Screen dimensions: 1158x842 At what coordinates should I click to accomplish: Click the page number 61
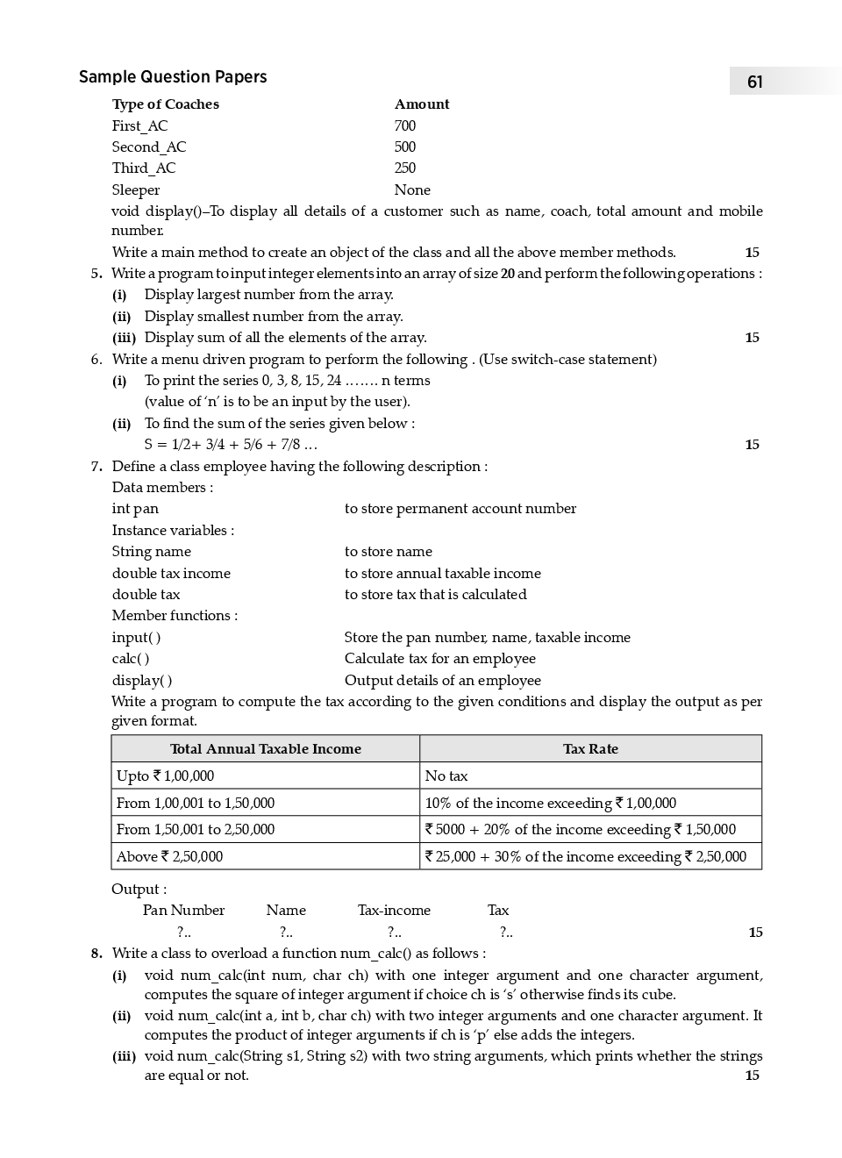[754, 82]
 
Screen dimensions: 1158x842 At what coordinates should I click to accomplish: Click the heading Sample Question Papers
[173, 77]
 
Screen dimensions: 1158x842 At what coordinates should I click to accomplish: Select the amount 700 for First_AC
[404, 125]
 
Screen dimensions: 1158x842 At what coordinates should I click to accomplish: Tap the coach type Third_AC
[143, 168]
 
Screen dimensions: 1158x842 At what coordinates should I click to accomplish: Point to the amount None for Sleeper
[412, 189]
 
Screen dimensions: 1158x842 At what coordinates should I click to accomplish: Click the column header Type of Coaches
[165, 104]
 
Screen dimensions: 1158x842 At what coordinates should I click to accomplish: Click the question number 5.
[96, 274]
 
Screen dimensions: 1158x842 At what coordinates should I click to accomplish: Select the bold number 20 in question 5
[507, 274]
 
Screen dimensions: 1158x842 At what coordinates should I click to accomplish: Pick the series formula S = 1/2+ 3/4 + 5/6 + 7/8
[231, 445]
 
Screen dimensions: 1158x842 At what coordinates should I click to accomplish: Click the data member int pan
[135, 509]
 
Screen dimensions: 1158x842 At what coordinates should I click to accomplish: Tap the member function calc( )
[131, 659]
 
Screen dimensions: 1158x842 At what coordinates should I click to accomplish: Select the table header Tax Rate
[590, 749]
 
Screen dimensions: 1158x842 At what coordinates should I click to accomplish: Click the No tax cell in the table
[446, 776]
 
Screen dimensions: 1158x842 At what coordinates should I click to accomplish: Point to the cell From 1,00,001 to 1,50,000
[195, 803]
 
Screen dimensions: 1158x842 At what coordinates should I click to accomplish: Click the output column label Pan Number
[183, 911]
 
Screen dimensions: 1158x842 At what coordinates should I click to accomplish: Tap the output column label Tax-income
[394, 911]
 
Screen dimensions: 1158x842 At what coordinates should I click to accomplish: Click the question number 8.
[96, 954]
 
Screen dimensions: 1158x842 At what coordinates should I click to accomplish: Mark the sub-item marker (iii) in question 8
[124, 1056]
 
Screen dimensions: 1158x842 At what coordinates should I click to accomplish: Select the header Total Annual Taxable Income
[265, 749]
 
